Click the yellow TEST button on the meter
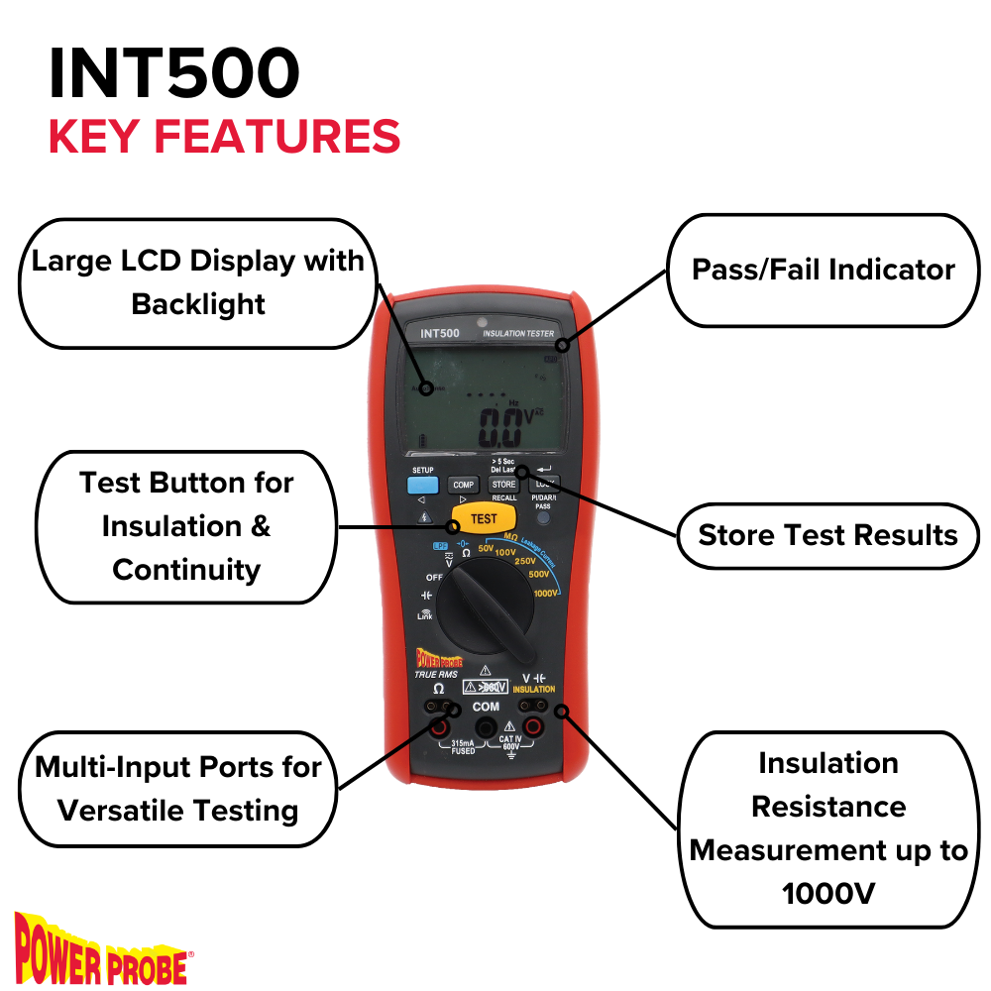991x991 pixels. (x=484, y=518)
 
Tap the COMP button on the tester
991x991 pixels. (x=463, y=485)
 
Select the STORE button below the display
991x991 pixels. (x=503, y=485)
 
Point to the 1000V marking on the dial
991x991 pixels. (x=544, y=593)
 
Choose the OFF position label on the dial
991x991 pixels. (x=434, y=577)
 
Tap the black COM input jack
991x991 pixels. (x=486, y=729)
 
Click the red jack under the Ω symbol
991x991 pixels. (x=437, y=729)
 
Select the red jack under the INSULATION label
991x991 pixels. (x=533, y=729)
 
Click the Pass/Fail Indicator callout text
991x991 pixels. (x=824, y=270)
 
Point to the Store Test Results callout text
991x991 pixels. (x=828, y=535)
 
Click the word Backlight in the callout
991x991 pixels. (x=198, y=304)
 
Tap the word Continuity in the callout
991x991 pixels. (x=186, y=570)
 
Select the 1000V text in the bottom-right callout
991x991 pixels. (x=828, y=893)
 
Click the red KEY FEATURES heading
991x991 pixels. (x=224, y=136)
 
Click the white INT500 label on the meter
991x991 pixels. (x=439, y=334)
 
